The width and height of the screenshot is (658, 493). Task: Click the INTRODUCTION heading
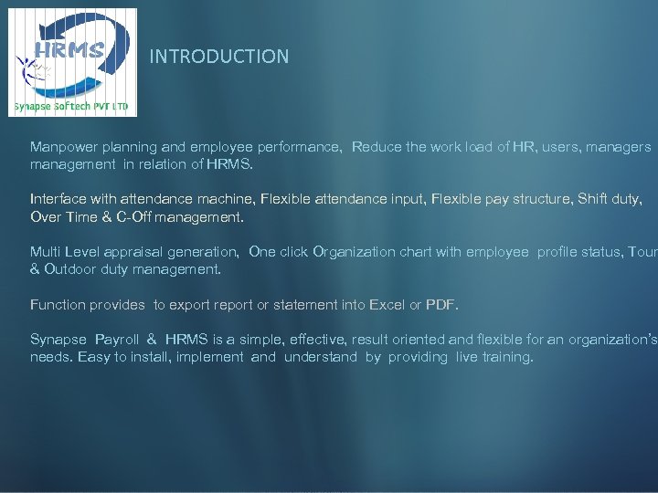(219, 57)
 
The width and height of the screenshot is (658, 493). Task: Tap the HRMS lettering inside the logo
(69, 49)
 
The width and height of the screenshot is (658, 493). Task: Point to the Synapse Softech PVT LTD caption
(74, 107)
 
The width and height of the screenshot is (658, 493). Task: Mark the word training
(506, 357)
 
